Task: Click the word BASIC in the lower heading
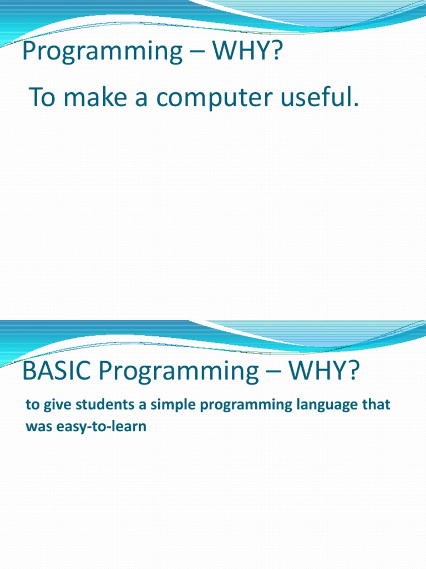pyautogui.click(x=53, y=371)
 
